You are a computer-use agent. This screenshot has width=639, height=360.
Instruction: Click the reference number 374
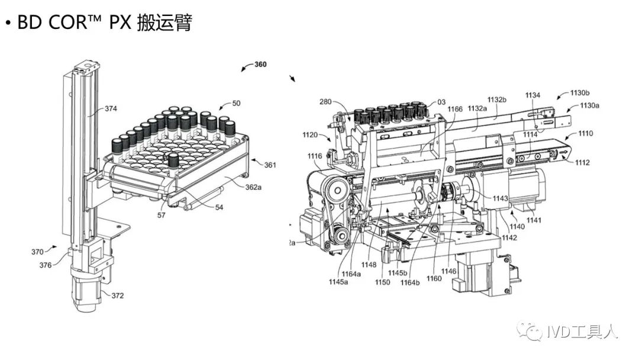click(111, 108)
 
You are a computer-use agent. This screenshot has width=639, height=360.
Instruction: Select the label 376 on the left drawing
click(44, 265)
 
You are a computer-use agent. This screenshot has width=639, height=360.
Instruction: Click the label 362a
click(253, 187)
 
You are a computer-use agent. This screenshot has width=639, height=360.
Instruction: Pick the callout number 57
click(162, 215)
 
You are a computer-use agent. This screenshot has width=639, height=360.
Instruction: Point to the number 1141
click(534, 220)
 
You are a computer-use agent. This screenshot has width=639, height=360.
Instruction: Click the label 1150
click(382, 282)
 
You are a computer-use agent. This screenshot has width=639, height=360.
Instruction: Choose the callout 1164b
click(409, 282)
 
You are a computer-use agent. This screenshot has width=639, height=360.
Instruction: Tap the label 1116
click(315, 156)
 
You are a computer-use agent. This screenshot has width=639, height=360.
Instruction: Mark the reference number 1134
click(532, 95)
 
